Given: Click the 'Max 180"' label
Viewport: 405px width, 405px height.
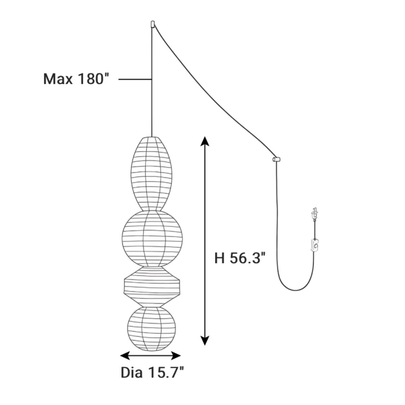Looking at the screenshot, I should tap(77, 79).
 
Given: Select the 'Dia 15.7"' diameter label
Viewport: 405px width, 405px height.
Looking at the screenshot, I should tap(152, 373).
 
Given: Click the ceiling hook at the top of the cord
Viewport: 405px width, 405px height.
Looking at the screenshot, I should tap(153, 24).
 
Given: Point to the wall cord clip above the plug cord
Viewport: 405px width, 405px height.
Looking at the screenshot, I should tap(276, 159).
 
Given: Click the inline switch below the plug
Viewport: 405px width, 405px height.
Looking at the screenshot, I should tap(315, 245).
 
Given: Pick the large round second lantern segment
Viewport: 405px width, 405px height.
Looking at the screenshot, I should tap(152, 238).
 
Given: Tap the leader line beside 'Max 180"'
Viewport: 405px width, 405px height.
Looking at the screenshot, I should tap(135, 79).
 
